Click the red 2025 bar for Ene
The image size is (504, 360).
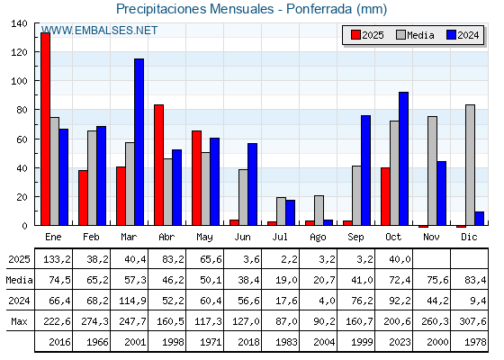click(45, 129)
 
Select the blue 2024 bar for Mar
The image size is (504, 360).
click(139, 142)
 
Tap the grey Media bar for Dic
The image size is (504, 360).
click(470, 166)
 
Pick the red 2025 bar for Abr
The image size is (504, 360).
click(158, 165)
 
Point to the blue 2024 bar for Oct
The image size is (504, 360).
click(403, 158)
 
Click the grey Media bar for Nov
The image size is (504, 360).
click(432, 171)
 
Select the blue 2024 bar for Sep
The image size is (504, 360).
click(365, 170)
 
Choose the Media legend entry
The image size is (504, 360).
click(414, 35)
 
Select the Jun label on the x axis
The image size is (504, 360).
click(243, 237)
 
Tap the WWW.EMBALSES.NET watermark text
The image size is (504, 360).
click(99, 31)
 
